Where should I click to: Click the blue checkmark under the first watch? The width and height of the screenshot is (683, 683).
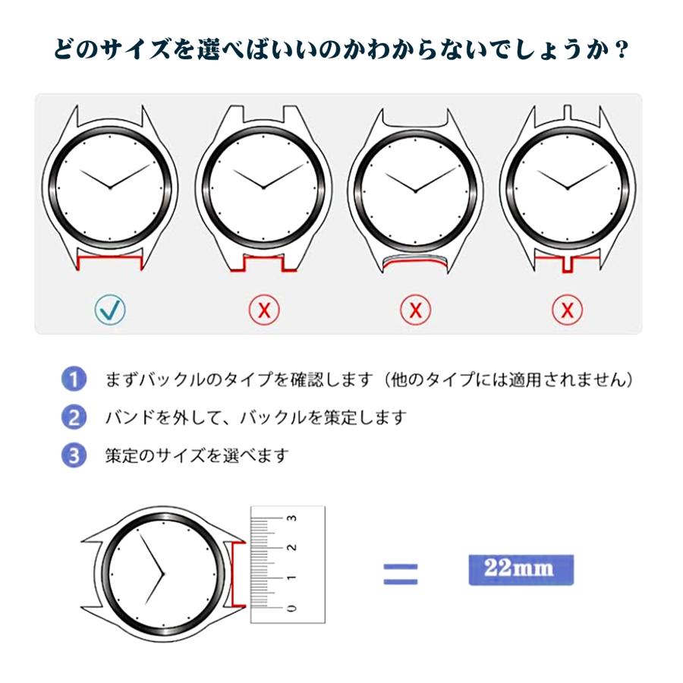tap(111, 309)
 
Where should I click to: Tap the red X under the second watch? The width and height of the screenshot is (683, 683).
tap(264, 309)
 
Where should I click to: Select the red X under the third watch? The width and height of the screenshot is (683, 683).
tap(415, 309)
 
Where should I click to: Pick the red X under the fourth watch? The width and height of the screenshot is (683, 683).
tap(567, 309)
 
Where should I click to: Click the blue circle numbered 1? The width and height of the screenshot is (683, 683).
tap(73, 379)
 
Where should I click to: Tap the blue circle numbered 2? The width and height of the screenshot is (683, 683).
tap(73, 417)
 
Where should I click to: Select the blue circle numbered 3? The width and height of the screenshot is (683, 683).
tap(73, 455)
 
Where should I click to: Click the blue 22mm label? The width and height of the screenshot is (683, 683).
tap(520, 569)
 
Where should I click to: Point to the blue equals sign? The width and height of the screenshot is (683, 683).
tap(400, 574)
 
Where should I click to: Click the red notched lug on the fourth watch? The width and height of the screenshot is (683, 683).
tap(567, 263)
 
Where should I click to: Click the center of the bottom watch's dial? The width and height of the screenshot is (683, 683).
tap(163, 574)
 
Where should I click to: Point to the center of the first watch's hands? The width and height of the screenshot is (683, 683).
tap(111, 187)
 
